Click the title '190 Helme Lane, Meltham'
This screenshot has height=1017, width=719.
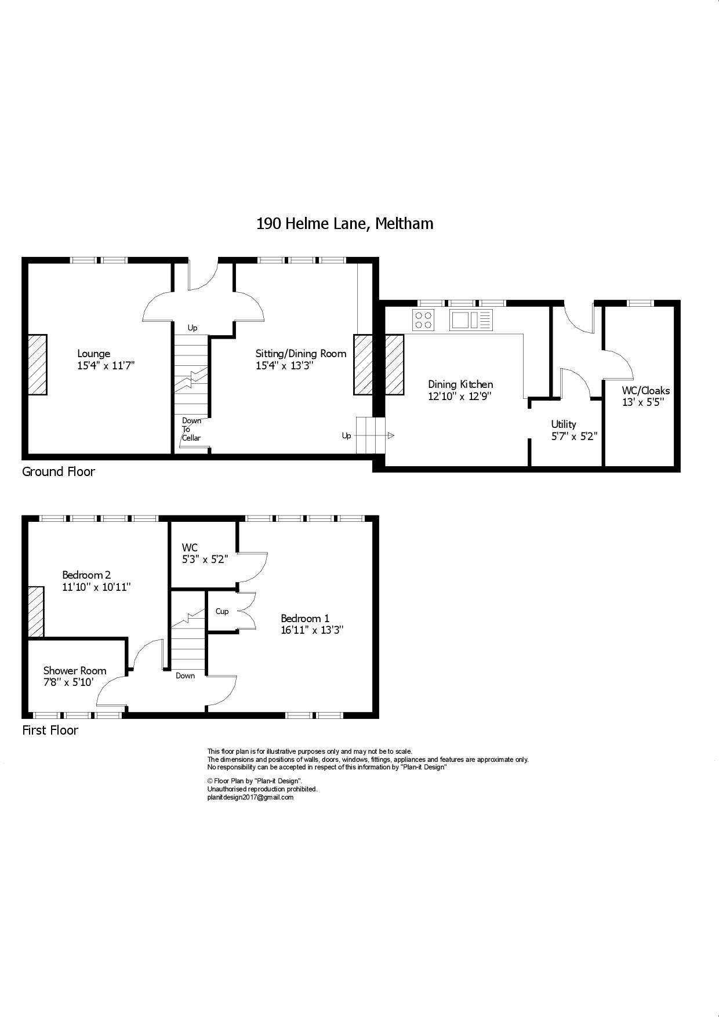(x=344, y=224)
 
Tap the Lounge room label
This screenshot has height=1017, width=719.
(x=94, y=354)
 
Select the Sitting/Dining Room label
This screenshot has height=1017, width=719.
(x=301, y=354)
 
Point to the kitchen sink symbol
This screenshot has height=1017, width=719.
(x=470, y=320)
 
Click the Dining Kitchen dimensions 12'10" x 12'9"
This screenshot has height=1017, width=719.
(x=460, y=397)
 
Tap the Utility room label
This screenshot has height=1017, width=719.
(x=564, y=424)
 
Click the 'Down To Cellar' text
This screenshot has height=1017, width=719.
(x=191, y=429)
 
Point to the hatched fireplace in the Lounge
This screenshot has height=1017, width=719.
(x=37, y=365)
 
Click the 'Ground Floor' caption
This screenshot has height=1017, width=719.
(x=59, y=471)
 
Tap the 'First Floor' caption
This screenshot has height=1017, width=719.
(x=50, y=730)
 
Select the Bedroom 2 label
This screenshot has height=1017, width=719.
(x=86, y=575)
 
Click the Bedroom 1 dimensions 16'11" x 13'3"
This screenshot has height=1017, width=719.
(x=312, y=630)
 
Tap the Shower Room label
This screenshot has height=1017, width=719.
(x=75, y=671)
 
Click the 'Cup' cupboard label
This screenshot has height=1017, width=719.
(x=222, y=612)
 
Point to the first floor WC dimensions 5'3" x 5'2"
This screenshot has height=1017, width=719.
(x=205, y=560)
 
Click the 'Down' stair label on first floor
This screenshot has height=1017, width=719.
(x=186, y=675)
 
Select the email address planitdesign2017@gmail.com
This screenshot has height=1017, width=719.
(x=250, y=797)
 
